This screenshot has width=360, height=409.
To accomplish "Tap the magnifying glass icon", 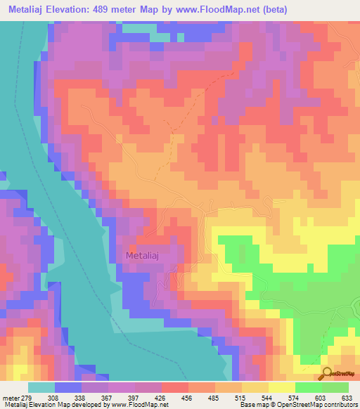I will click(328, 373).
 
